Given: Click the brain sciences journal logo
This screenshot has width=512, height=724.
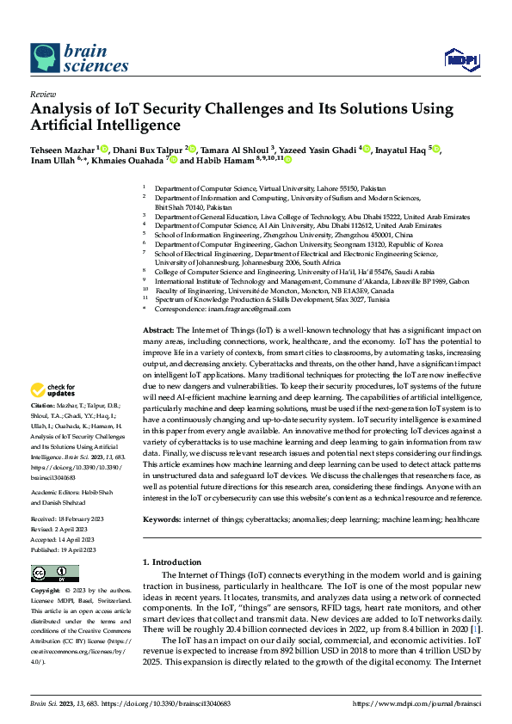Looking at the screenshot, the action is [x=69, y=56].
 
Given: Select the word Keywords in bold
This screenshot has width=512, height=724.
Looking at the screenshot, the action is [x=161, y=520].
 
